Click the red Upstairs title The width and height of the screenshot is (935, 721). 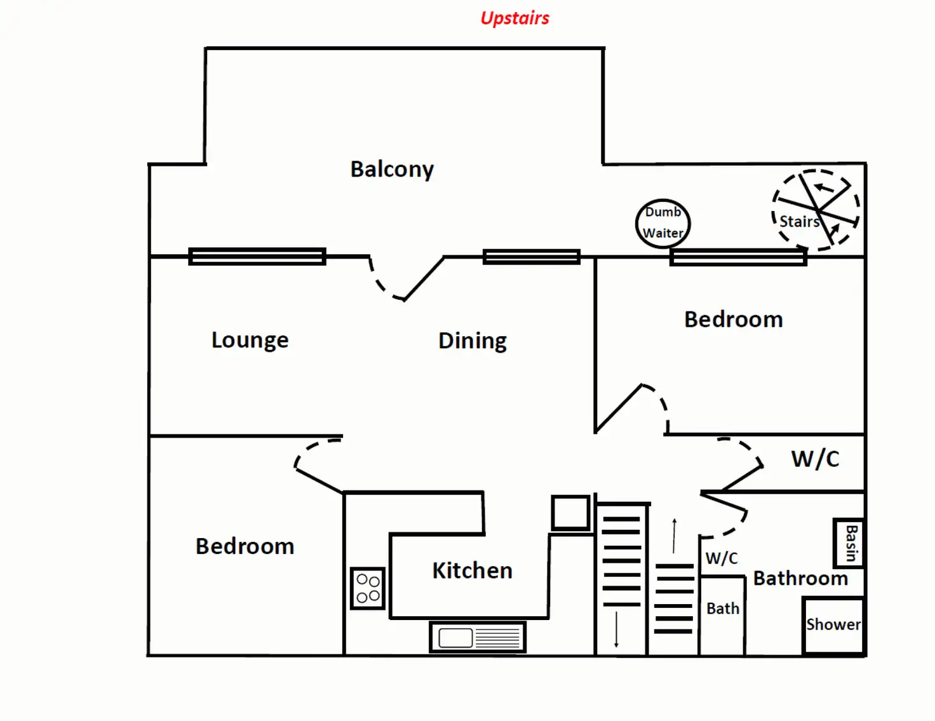tap(515, 18)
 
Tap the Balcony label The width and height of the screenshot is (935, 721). tap(392, 169)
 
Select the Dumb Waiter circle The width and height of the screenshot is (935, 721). tap(663, 223)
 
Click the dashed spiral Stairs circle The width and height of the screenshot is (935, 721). tap(816, 209)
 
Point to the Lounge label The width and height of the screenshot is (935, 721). tap(250, 340)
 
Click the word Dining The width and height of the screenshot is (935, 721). tap(472, 340)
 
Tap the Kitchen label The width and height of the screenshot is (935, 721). tap(472, 570)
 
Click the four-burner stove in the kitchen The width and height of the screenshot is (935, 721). tap(368, 588)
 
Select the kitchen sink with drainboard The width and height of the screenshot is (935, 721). tap(478, 637)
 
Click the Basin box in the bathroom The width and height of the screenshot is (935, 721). tap(849, 543)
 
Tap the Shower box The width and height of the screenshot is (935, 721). tap(833, 625)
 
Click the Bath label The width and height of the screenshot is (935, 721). tap(723, 609)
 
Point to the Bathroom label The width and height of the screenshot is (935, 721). tap(800, 578)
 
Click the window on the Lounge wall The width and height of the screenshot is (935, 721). tap(257, 257)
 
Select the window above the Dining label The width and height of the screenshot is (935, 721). tap(532, 257)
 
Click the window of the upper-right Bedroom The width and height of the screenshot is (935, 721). tap(738, 257)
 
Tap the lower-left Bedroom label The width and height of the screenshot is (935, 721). tap(245, 546)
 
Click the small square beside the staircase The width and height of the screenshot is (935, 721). tap(570, 513)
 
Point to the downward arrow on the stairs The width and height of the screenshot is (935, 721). tap(616, 629)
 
